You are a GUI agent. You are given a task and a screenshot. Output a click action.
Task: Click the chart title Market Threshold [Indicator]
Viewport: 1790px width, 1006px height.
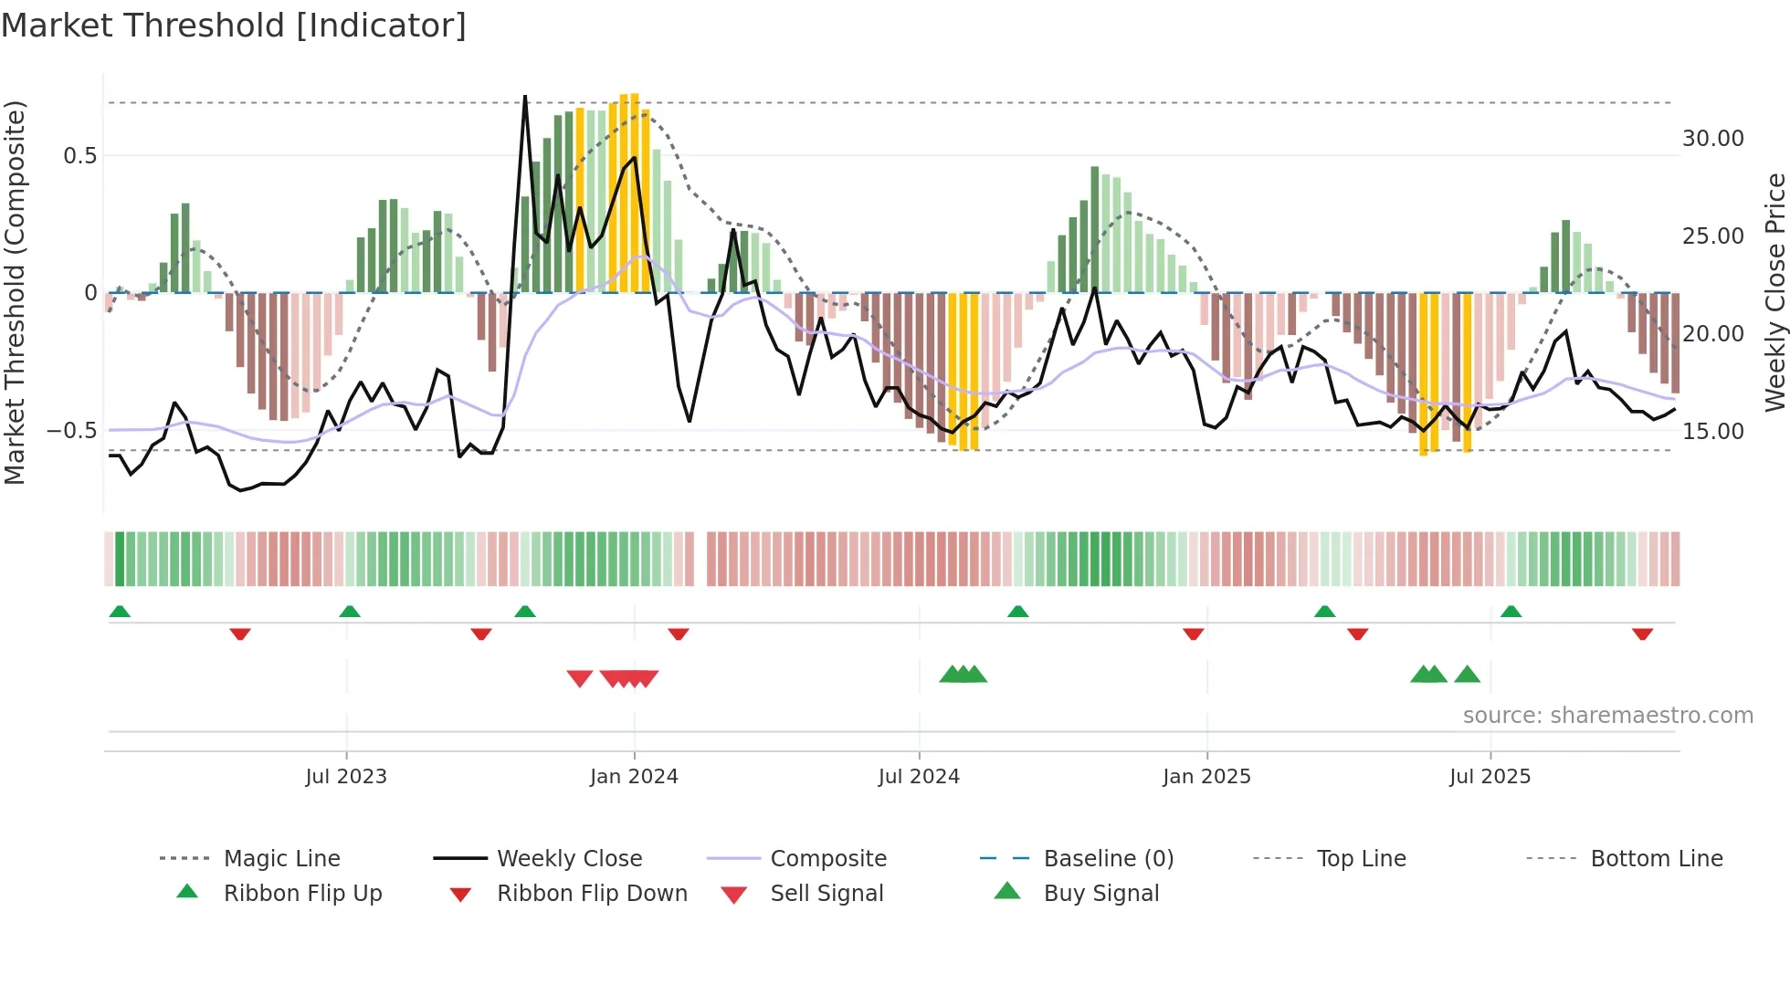pos(234,26)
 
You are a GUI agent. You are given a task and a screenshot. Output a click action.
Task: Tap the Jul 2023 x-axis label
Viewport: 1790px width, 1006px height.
pos(346,777)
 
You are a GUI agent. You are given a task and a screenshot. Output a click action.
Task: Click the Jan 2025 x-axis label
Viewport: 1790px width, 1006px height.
pos(1206,777)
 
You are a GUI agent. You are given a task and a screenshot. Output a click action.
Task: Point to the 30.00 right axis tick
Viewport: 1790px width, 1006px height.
pos(1712,139)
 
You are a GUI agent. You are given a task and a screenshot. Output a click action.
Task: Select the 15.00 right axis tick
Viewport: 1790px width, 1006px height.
pos(1712,432)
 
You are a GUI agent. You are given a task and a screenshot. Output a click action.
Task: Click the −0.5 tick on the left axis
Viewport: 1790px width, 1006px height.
pos(72,430)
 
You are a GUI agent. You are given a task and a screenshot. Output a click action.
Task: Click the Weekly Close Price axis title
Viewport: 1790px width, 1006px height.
pos(1774,292)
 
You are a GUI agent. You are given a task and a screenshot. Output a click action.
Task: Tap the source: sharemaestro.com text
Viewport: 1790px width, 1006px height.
pos(1607,716)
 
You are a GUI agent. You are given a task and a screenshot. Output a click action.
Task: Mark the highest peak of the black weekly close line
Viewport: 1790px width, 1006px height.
pos(525,97)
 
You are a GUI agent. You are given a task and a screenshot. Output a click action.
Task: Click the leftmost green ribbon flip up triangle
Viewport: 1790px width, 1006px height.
pos(120,612)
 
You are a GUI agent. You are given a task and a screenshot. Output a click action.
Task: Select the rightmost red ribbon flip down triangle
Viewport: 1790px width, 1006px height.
pos(1642,634)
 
